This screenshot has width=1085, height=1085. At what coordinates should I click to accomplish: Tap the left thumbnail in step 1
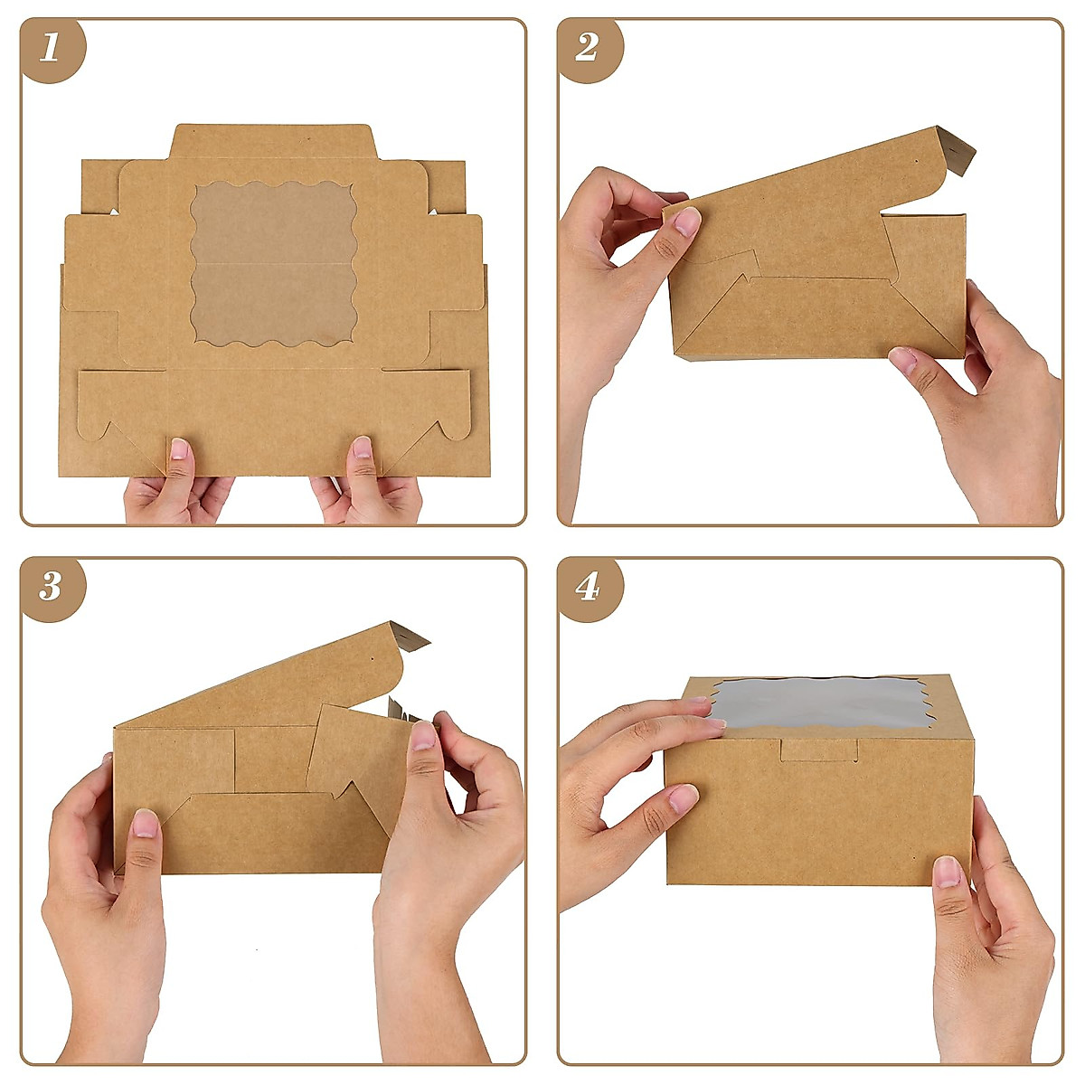[x=180, y=448]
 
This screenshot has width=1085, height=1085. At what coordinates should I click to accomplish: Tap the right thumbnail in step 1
[x=362, y=447]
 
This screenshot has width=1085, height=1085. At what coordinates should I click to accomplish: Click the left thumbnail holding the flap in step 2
[x=686, y=221]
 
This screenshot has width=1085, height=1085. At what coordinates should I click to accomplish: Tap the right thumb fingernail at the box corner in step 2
[x=903, y=361]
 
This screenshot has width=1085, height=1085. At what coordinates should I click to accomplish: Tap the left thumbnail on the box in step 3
[x=145, y=823]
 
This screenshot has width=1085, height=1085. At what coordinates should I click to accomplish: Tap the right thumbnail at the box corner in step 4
[x=947, y=872]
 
